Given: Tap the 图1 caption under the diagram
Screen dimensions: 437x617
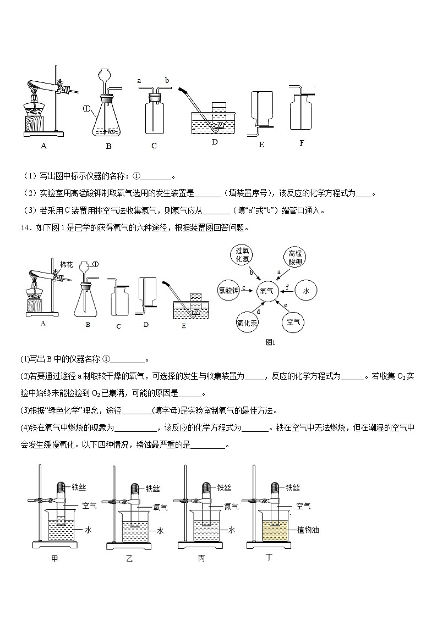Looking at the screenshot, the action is [x=270, y=342].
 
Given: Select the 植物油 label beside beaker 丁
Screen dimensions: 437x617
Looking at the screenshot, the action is [x=308, y=530].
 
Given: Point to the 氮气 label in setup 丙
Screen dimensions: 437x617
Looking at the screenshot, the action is [x=231, y=507].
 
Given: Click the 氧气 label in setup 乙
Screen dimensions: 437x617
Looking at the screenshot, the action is [x=160, y=507].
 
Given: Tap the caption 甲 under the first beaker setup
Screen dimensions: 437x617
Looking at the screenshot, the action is [x=54, y=558].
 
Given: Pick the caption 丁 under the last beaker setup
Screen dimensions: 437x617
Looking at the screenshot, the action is [x=269, y=558].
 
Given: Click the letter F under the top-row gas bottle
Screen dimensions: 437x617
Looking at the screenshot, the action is [x=302, y=143].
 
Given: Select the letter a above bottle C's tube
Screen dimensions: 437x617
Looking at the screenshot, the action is [x=139, y=81].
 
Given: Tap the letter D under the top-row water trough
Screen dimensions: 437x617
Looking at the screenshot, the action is [x=214, y=142].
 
